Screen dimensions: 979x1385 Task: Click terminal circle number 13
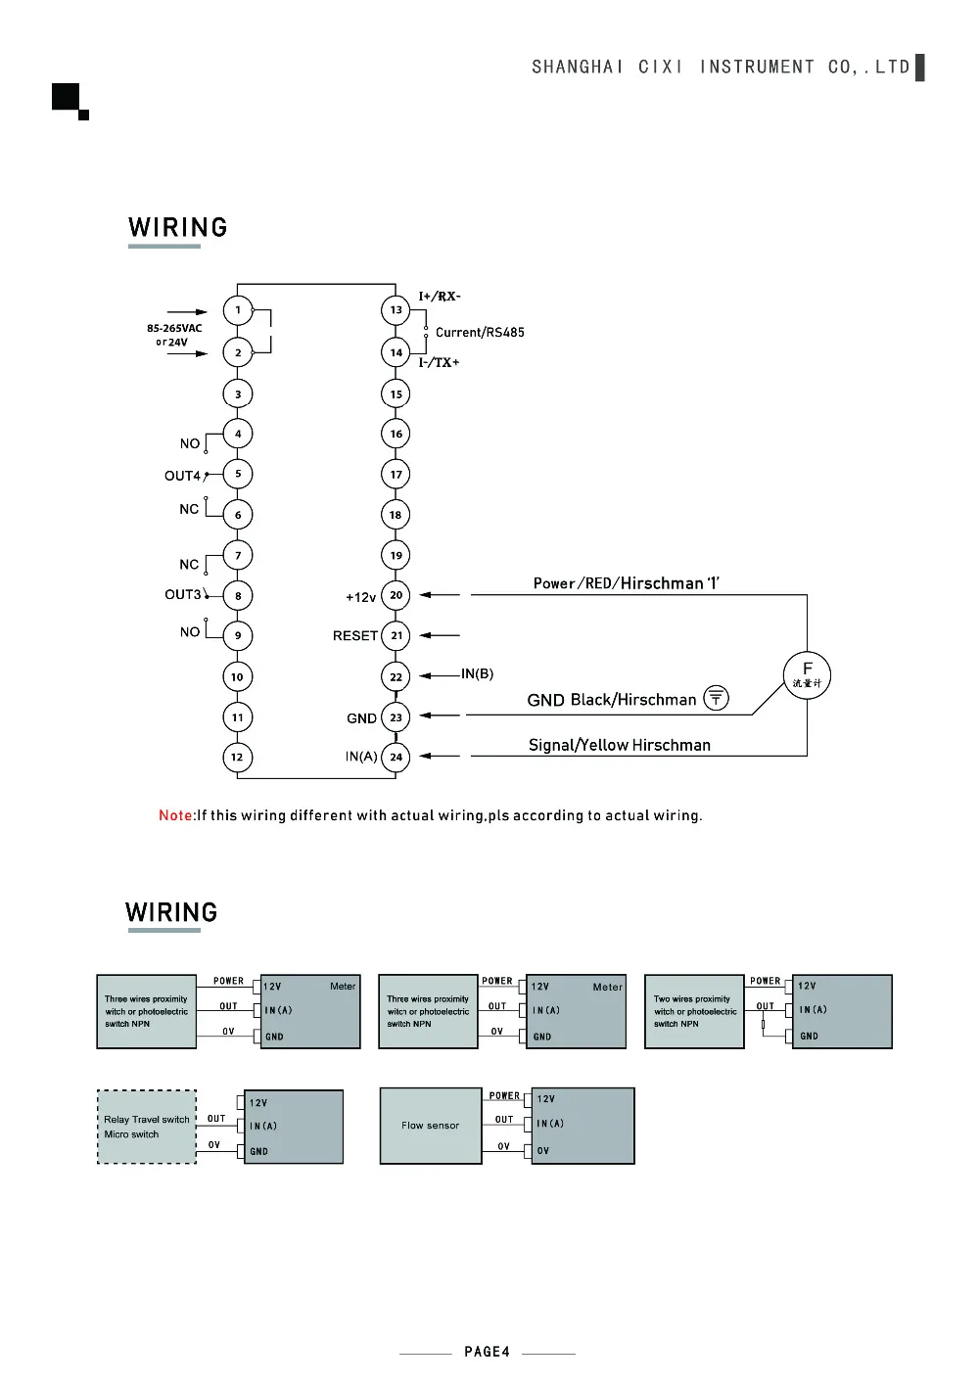tap(396, 309)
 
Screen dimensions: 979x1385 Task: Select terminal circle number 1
tap(238, 309)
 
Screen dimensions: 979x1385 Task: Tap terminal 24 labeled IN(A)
tap(396, 757)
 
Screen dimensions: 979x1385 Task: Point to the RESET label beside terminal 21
tap(355, 635)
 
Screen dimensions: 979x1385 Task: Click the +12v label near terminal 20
tap(360, 597)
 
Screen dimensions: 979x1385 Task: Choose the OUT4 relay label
tap(182, 476)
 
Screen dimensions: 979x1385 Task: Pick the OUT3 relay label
tap(182, 594)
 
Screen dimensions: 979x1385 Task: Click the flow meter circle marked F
tap(807, 675)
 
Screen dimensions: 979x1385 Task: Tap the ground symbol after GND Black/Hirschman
tap(717, 698)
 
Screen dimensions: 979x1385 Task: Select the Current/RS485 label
tap(480, 332)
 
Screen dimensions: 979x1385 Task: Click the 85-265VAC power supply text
tap(174, 328)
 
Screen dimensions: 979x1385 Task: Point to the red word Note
tap(175, 815)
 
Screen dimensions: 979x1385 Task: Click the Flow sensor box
tap(431, 1126)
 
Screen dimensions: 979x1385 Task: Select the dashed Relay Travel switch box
tap(147, 1127)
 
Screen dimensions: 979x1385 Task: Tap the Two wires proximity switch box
tap(694, 1011)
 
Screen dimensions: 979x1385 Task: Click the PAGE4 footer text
tap(487, 1352)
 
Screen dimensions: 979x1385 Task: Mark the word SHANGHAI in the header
tap(578, 67)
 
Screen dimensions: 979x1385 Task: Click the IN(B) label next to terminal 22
tap(478, 673)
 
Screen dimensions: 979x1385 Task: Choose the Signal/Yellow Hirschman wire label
tap(619, 745)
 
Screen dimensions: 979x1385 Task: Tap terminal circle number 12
tap(238, 757)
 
